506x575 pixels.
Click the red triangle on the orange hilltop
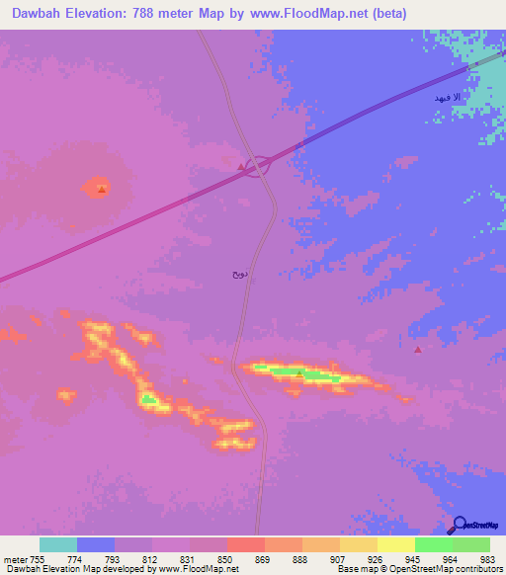pyautogui.click(x=101, y=188)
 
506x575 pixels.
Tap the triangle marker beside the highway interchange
pyautogui.click(x=241, y=167)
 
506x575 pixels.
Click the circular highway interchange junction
pyautogui.click(x=258, y=166)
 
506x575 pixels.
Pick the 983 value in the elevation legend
pyautogui.click(x=488, y=558)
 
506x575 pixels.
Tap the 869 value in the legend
pyautogui.click(x=263, y=558)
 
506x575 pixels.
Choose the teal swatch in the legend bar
pyautogui.click(x=57, y=544)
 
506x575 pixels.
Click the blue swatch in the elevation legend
pyautogui.click(x=95, y=544)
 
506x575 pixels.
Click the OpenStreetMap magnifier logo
pyautogui.click(x=459, y=525)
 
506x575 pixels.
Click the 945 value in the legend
pyautogui.click(x=413, y=558)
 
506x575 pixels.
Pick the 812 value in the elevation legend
pyautogui.click(x=150, y=558)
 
